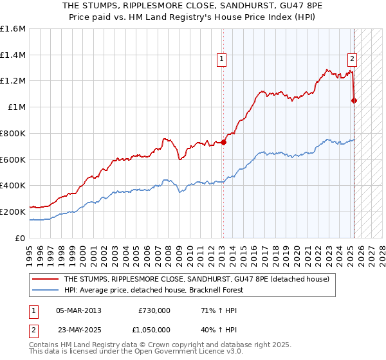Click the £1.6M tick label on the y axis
coord(13,29)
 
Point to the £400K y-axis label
coord(13,185)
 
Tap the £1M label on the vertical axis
coord(17,107)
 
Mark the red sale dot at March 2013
coord(224,142)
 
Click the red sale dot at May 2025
coord(354,100)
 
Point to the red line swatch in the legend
coord(45,279)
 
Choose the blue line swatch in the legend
coord(45,290)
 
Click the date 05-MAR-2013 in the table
coord(79,310)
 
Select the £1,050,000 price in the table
coord(154,328)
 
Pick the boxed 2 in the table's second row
coord(33,328)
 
